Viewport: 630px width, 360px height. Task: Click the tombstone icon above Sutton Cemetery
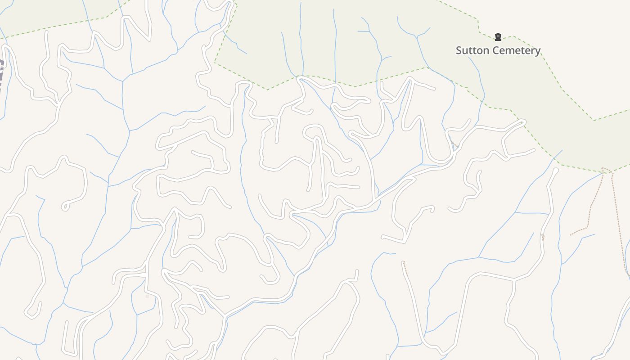(498, 37)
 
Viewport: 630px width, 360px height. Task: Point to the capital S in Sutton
(459, 50)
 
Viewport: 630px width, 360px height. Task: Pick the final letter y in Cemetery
(537, 51)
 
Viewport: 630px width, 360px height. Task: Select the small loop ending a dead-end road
(66, 206)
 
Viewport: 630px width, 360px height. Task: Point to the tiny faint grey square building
(147, 297)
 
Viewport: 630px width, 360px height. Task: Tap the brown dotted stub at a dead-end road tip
(405, 268)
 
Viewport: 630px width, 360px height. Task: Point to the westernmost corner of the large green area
(215, 62)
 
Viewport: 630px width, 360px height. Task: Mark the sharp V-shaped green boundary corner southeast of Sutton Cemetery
(594, 120)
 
